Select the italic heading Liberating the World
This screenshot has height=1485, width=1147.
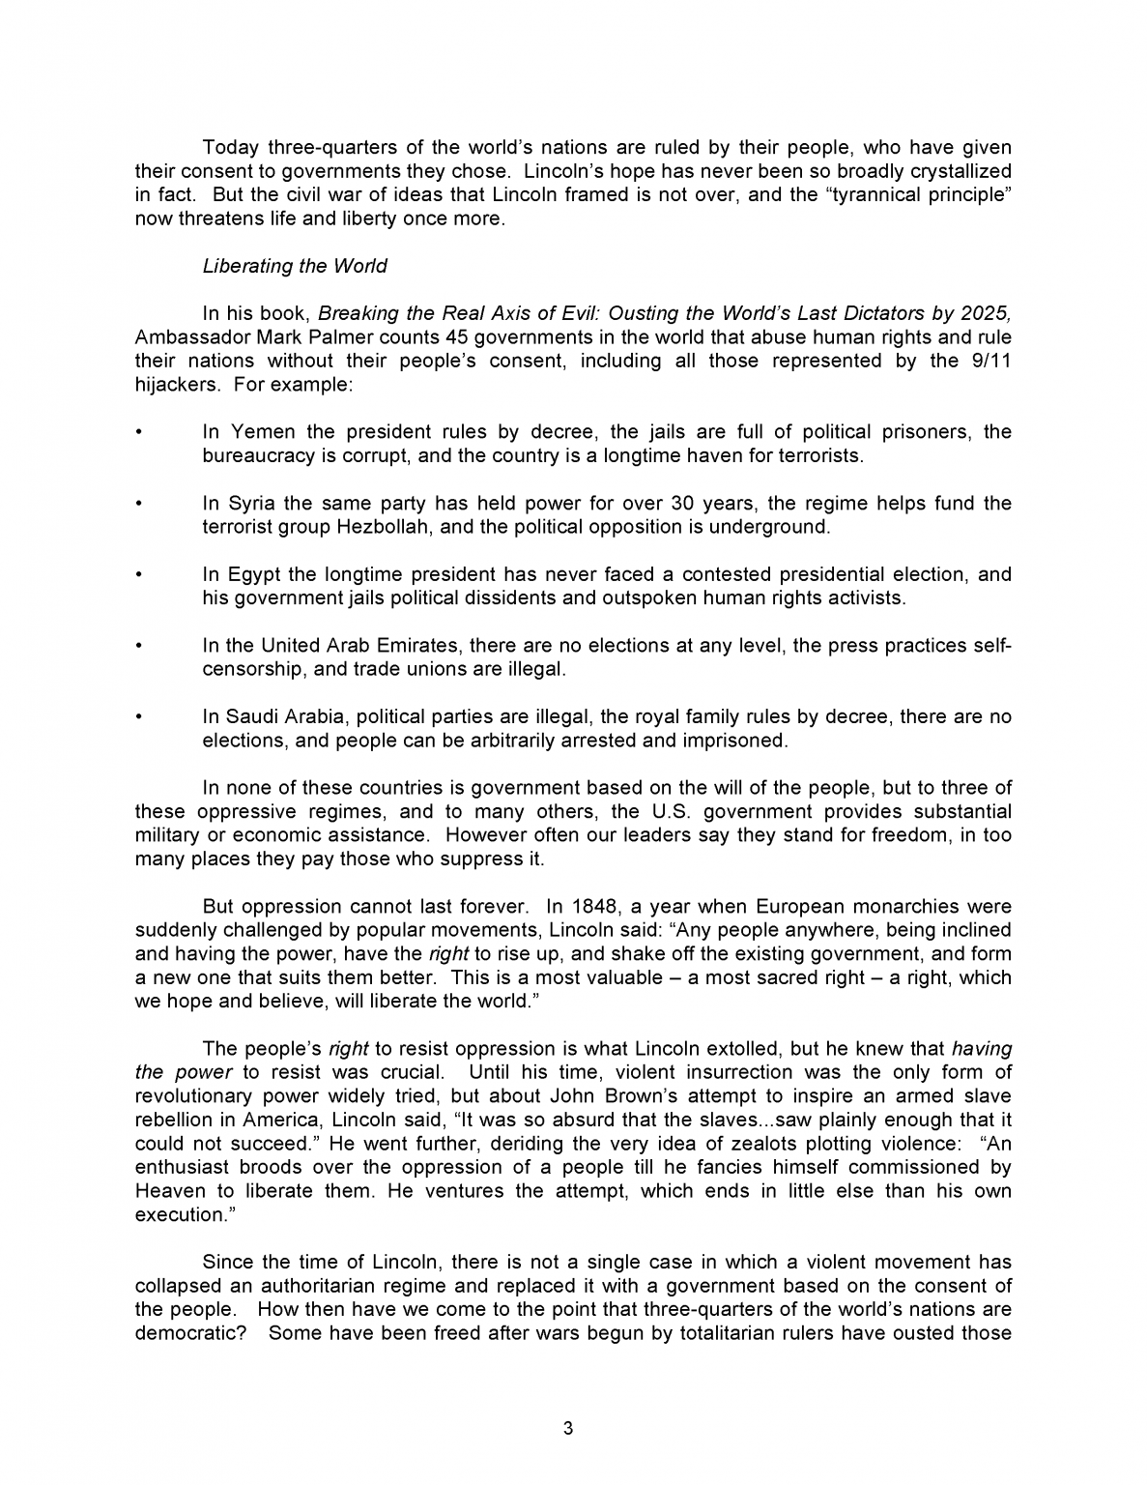pos(294,266)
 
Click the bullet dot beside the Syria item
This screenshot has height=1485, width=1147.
pos(140,504)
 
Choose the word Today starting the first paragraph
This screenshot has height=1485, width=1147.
pos(230,147)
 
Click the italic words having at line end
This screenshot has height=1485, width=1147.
pos(982,1048)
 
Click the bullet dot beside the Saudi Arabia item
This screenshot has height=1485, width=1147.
pos(140,717)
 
